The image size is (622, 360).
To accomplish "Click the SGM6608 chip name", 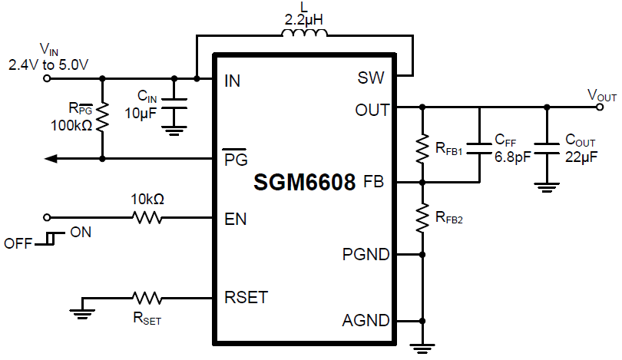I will point(305,183).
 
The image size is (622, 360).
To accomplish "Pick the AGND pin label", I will point(366,321).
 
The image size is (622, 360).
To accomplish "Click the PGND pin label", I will point(366,253).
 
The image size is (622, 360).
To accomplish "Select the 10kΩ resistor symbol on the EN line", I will point(148,218).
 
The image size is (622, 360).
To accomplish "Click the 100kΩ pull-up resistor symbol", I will point(103,117).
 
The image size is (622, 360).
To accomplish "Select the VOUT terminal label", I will point(602,95).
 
